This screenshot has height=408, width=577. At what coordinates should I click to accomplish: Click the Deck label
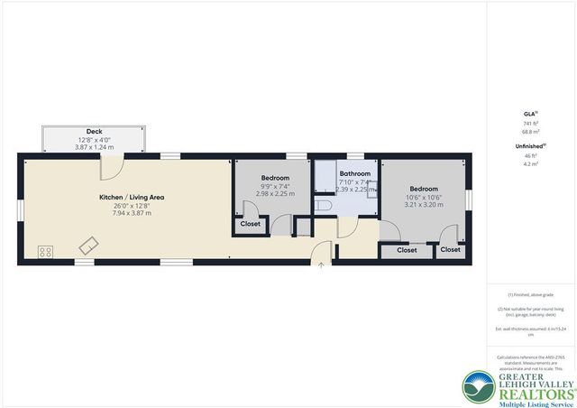(95, 132)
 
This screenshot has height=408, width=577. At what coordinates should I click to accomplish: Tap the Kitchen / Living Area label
(132, 196)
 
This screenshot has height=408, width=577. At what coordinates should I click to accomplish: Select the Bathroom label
(354, 172)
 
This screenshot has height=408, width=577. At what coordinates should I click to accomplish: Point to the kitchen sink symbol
(90, 245)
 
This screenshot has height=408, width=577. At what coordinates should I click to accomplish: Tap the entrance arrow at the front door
(322, 264)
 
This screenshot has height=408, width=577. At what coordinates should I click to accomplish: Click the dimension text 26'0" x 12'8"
(132, 205)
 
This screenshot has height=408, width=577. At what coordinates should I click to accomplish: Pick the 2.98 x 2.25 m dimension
(275, 193)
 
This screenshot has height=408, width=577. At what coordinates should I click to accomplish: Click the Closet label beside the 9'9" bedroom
(250, 224)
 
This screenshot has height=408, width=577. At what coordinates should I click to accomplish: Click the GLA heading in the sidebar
(530, 114)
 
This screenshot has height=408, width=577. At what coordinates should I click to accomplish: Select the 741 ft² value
(530, 124)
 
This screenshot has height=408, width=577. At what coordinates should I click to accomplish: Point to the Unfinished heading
(530, 145)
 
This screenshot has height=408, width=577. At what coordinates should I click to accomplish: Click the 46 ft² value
(530, 155)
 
